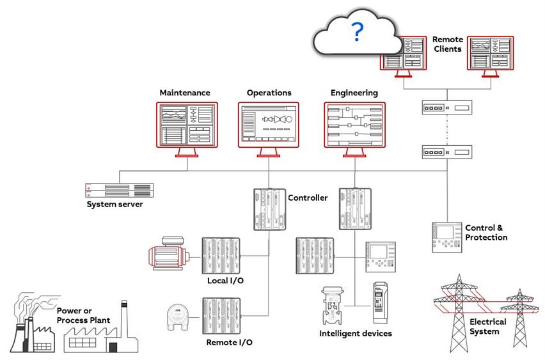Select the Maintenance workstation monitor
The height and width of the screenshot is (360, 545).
coord(187,125)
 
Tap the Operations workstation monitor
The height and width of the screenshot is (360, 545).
coord(269,125)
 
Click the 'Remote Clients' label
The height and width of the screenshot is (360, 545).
coord(447,44)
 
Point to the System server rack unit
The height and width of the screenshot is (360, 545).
coord(119,190)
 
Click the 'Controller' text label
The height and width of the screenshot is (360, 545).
coord(308,198)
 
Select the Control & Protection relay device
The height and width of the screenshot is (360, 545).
coord(446,237)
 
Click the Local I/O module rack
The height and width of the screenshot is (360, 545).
coord(221,256)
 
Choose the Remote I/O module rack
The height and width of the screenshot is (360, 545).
coord(221,315)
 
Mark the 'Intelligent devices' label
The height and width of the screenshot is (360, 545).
coord(356,333)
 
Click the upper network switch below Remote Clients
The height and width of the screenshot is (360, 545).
coord(446,107)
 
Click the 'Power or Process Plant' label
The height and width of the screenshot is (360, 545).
coord(83,315)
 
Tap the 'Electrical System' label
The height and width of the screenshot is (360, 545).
coord(487,326)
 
